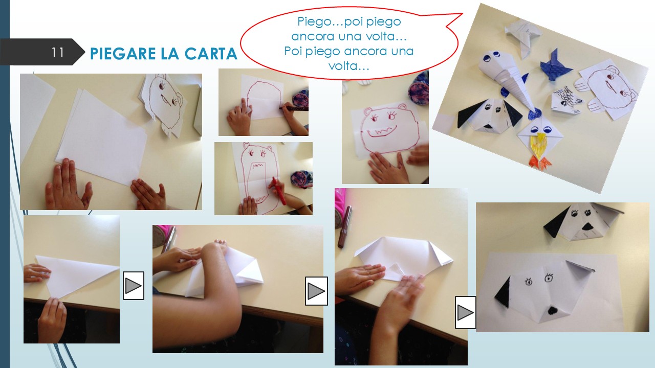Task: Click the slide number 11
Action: click(x=58, y=53)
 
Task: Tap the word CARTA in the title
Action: click(x=211, y=54)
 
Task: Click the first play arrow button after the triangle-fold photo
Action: click(x=134, y=286)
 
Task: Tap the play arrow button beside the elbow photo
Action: click(x=316, y=291)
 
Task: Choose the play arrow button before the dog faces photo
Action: click(x=465, y=312)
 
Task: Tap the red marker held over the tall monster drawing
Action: click(x=279, y=191)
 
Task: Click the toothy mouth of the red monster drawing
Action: click(x=382, y=131)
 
